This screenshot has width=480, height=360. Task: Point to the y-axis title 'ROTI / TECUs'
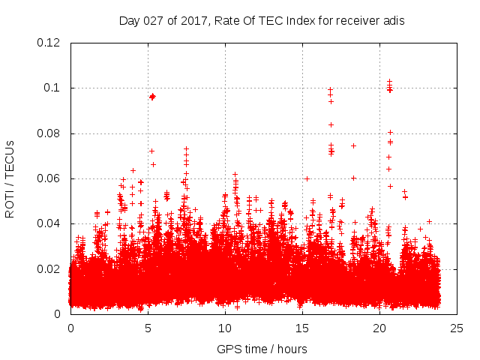[x=10, y=178]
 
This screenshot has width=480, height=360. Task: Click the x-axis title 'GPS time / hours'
[x=262, y=349]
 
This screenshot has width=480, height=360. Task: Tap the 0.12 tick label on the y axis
[x=49, y=43]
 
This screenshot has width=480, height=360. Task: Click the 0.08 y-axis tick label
[x=49, y=133]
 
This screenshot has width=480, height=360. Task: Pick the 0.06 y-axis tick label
[x=49, y=178]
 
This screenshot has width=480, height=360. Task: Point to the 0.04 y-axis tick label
[x=49, y=223]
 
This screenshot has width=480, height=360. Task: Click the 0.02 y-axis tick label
[x=49, y=268]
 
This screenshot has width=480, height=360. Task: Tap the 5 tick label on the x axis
[x=148, y=328]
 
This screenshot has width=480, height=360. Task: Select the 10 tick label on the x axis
[x=225, y=328]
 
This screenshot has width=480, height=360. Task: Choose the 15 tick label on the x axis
[x=302, y=328]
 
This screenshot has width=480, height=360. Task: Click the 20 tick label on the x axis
[x=379, y=328]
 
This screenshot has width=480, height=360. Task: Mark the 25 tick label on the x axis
[x=457, y=328]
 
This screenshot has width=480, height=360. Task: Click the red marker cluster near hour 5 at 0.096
[x=152, y=97]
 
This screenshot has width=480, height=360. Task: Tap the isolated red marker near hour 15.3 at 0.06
[x=307, y=178]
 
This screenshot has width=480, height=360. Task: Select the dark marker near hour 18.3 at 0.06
[x=353, y=178]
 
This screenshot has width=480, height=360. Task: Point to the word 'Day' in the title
[x=129, y=20]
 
